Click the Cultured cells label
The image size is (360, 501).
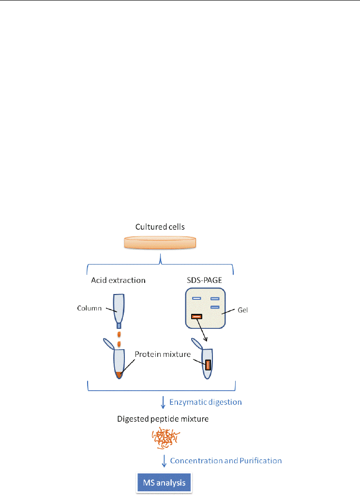pyautogui.click(x=160, y=227)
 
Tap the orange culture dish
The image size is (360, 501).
pyautogui.click(x=160, y=242)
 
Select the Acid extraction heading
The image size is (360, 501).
pyautogui.click(x=118, y=280)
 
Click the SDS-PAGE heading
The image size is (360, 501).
pyautogui.click(x=204, y=280)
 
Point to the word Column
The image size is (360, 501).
pyautogui.click(x=89, y=308)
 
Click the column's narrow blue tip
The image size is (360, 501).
pyautogui.click(x=119, y=325)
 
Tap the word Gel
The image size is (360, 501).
pyautogui.click(x=243, y=310)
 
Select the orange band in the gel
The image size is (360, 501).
pyautogui.click(x=196, y=317)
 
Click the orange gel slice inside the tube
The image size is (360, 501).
pyautogui.click(x=208, y=365)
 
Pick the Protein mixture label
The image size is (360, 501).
pyautogui.click(x=163, y=354)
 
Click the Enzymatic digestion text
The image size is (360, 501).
pyautogui.click(x=206, y=402)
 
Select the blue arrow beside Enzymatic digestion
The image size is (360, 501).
pyautogui.click(x=163, y=402)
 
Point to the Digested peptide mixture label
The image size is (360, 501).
pyautogui.click(x=163, y=419)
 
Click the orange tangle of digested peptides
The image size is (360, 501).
pyautogui.click(x=165, y=438)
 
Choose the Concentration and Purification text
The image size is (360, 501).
pyautogui.click(x=225, y=461)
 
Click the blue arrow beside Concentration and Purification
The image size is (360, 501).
pyautogui.click(x=164, y=461)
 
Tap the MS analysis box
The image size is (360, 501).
pyautogui.click(x=164, y=483)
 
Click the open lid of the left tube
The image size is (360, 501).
pyautogui.click(x=108, y=343)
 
